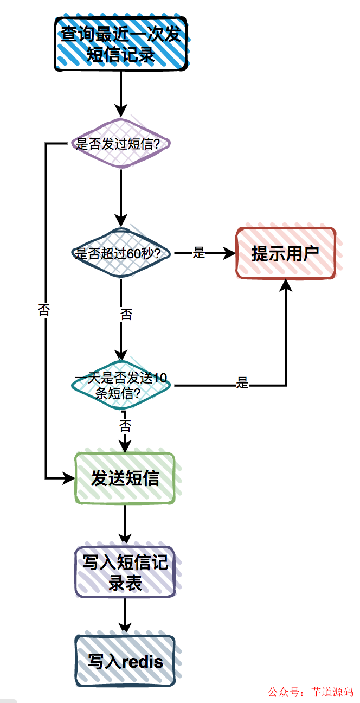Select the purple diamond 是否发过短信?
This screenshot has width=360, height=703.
click(x=121, y=144)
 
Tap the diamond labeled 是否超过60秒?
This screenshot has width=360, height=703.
click(x=121, y=253)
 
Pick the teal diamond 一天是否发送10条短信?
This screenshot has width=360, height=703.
click(x=121, y=386)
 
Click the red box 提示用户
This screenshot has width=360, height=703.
click(x=286, y=253)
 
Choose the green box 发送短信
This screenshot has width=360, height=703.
click(x=125, y=478)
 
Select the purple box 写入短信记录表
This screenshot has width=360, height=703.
click(x=125, y=572)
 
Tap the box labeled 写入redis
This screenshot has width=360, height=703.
click(x=125, y=661)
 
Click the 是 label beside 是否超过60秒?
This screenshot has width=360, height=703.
click(x=199, y=253)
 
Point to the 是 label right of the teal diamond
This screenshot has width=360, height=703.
click(x=242, y=383)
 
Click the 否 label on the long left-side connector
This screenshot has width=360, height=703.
click(x=43, y=310)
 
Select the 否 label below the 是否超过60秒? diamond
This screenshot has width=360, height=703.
click(x=126, y=315)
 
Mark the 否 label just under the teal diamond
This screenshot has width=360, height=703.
click(x=125, y=424)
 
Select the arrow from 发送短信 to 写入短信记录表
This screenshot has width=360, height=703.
click(x=125, y=523)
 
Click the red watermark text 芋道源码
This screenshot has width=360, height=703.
click(x=332, y=692)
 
